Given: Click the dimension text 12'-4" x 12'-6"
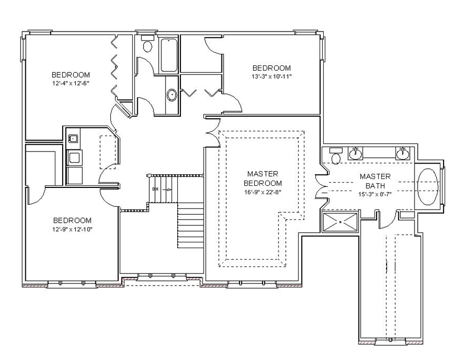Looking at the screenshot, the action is coord(71,83).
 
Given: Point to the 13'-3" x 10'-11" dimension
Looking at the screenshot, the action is coord(272,77).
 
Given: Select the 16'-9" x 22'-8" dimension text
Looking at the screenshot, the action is coord(263,192).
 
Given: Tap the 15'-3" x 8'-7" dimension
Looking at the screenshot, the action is coord(375,194).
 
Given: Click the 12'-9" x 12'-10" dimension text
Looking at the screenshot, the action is coord(72,229).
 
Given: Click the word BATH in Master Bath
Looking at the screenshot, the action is coord(375,186).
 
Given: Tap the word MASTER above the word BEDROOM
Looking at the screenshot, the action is coord(263,174).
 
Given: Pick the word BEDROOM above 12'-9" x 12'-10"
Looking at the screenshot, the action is coord(72,220).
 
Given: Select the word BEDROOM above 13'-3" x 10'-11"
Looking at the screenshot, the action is coord(272,68).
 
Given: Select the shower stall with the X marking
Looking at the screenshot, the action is coord(340,222).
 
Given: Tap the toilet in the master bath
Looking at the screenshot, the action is coord(335,156).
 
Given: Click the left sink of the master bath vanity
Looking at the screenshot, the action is coord(355,153).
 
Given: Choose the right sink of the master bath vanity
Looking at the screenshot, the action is coord(403,153).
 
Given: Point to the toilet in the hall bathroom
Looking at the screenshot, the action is coord(147,44).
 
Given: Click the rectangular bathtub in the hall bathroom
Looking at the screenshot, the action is coord(169,55).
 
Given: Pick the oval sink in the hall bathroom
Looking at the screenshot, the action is coord(171,95).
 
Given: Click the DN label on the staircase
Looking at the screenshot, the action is coord(155,190).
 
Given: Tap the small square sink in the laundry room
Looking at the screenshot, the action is coord(73,138).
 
